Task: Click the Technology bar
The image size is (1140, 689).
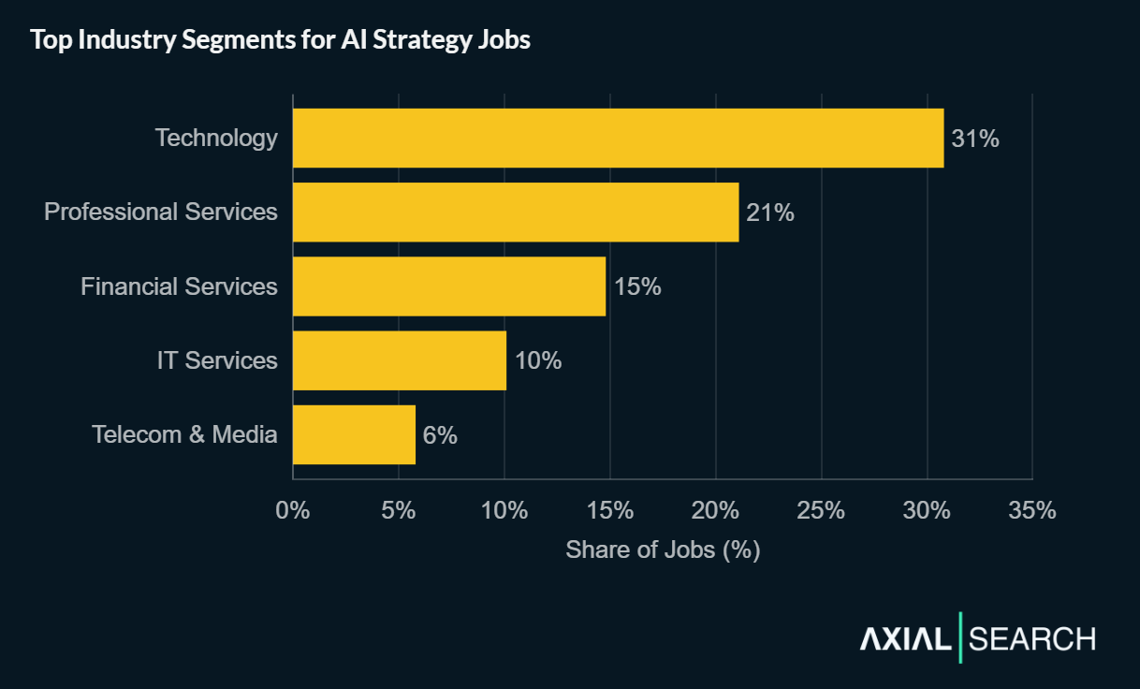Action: click(x=618, y=138)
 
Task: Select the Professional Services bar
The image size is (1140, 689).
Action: click(x=516, y=212)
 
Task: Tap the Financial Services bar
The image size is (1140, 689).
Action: click(x=449, y=286)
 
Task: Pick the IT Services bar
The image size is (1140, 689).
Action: click(x=400, y=360)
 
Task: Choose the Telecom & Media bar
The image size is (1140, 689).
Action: click(x=354, y=434)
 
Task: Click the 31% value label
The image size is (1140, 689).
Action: click(x=975, y=139)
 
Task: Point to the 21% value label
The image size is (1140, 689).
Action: click(x=770, y=213)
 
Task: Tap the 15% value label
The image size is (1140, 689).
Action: click(x=637, y=286)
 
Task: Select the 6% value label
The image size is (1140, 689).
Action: click(x=440, y=435)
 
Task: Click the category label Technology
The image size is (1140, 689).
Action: click(x=216, y=138)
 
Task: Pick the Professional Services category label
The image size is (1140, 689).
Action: click(x=161, y=212)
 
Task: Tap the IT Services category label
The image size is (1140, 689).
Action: click(x=217, y=360)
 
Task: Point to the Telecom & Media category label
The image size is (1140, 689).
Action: click(x=184, y=434)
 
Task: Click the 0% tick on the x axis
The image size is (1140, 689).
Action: click(x=293, y=510)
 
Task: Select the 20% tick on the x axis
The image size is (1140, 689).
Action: click(x=716, y=510)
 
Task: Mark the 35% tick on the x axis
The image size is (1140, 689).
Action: click(x=1032, y=510)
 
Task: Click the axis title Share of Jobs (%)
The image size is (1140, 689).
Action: click(x=663, y=550)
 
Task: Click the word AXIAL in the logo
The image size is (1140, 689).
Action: click(x=904, y=639)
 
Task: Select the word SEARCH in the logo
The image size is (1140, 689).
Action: click(x=1031, y=639)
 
